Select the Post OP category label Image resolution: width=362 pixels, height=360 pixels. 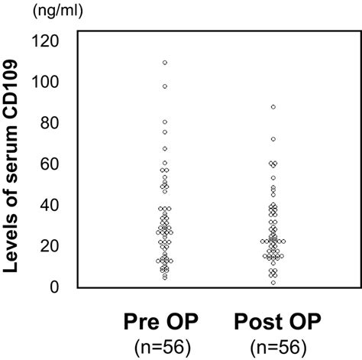[273, 319]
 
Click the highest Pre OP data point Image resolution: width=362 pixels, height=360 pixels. [165, 63]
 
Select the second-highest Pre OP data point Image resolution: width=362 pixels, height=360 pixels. [165, 86]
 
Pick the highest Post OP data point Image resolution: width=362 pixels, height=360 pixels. [273, 107]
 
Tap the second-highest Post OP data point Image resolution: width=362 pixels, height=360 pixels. [273, 139]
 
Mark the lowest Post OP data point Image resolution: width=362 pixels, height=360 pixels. [273, 283]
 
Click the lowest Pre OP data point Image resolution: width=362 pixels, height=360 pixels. [165, 277]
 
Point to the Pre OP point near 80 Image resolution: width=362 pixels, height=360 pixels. [165, 122]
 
